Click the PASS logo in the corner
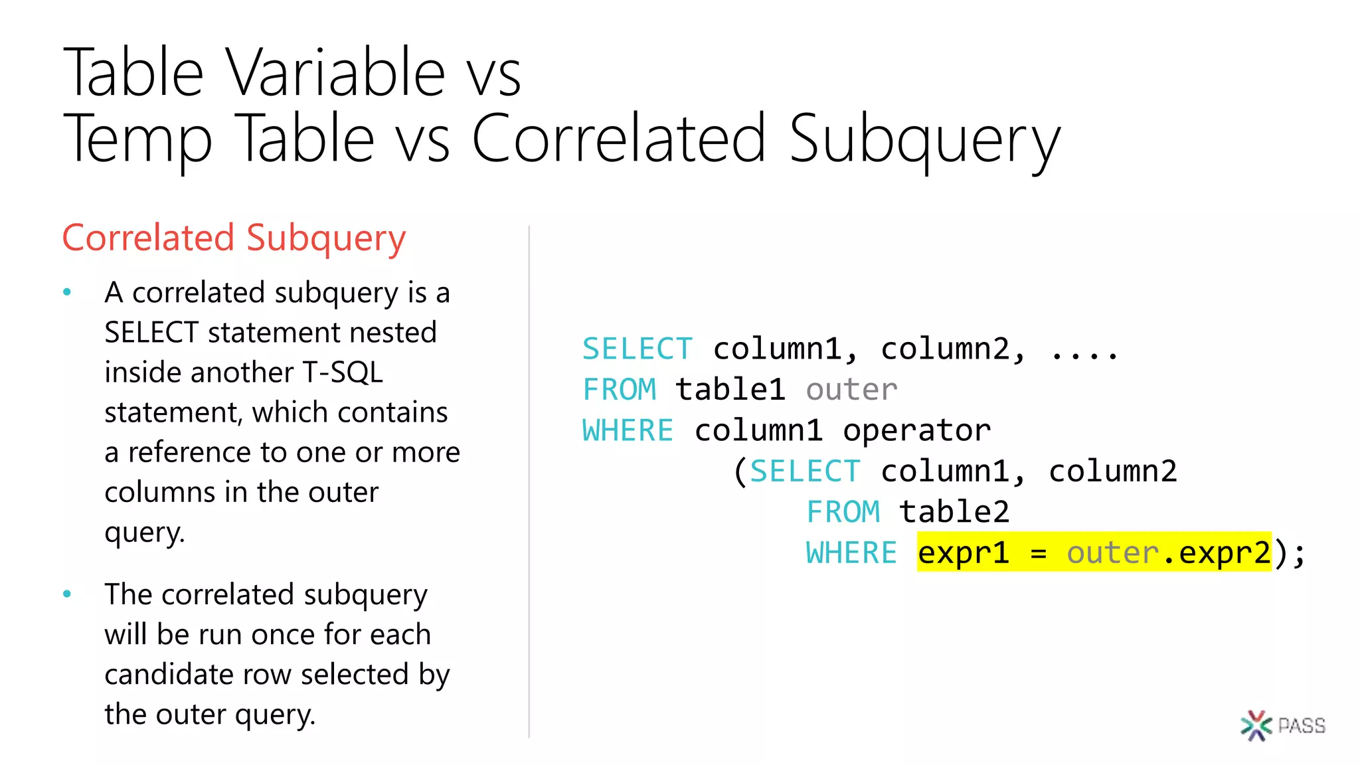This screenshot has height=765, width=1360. coord(1282,725)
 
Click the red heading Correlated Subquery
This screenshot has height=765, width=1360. coord(234,238)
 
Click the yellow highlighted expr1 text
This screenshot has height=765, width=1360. coord(963,552)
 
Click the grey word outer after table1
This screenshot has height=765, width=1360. coord(851,390)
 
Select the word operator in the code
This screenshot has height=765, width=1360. coord(916,430)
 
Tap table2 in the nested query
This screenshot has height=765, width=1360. coord(954,512)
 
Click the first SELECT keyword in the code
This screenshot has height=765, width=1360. coord(637,349)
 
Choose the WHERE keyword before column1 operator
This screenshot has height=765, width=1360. coord(628,430)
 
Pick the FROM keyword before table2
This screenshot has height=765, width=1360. coord(843,512)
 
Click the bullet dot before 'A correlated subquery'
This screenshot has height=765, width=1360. coord(67,292)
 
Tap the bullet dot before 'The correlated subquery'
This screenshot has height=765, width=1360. coord(67,594)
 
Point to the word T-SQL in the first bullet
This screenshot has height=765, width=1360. coord(343,373)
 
